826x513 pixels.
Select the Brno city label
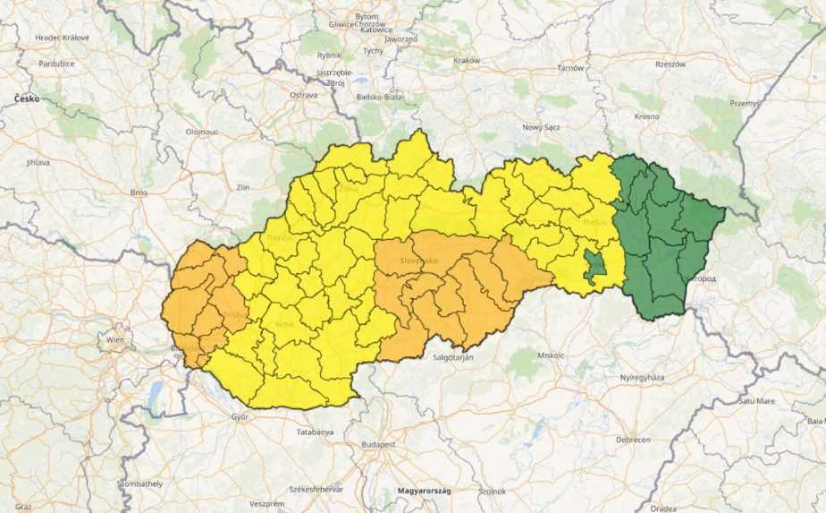pos(139,192)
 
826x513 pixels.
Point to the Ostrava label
pos(304,94)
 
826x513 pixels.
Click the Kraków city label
pos(467,60)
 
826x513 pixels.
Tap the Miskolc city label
pos(552,355)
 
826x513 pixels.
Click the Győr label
pos(239,416)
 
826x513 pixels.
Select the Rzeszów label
pos(670,64)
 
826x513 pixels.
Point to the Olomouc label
pos(202,132)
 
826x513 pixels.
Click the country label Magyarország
pos(425,491)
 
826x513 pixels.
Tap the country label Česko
pos(27,98)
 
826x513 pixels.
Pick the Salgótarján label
pos(452,357)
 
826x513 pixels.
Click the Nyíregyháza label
pos(642,378)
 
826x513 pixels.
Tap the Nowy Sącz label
pos(541,127)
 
